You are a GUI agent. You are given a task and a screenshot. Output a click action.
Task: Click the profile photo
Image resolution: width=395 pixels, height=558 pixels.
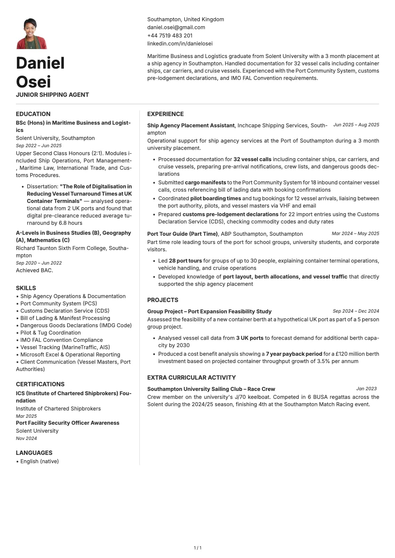(32, 33)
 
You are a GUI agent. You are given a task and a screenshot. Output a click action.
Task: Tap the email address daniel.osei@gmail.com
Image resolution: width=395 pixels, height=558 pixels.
(176, 28)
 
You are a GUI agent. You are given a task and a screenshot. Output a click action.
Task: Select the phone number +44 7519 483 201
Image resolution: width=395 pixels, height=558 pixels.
(170, 35)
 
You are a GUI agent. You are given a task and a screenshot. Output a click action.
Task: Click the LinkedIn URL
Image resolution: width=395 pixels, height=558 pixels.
(180, 43)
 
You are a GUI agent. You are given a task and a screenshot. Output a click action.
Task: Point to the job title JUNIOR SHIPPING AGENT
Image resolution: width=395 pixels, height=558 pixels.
(52, 95)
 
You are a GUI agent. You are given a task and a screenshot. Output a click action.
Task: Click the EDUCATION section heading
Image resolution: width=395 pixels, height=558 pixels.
(33, 114)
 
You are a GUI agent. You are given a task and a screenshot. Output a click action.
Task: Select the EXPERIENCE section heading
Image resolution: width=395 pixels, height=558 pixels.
(165, 114)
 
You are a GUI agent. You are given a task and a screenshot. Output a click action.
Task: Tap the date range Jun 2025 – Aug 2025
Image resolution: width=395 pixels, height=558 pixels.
(356, 125)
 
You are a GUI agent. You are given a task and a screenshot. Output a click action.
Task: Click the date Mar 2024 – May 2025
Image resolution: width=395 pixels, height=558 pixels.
(355, 233)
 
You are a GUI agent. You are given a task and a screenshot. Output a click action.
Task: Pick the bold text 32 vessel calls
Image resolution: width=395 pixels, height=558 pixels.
(252, 159)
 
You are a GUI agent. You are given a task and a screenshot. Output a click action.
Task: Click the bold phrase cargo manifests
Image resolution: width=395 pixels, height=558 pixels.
(205, 183)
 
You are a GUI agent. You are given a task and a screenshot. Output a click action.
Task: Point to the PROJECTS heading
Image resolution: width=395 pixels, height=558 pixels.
(163, 300)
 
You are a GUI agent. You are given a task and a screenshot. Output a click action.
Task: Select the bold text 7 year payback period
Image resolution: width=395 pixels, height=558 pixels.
(294, 354)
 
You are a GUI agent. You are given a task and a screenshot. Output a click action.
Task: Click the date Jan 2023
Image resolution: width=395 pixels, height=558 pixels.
(366, 389)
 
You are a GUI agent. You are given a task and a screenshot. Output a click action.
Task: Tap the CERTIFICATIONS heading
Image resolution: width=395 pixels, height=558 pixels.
(40, 384)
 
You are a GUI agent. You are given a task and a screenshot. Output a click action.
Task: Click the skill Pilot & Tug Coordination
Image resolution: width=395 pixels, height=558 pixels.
(50, 333)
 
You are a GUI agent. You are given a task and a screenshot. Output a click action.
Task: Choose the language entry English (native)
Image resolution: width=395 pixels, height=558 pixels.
(39, 462)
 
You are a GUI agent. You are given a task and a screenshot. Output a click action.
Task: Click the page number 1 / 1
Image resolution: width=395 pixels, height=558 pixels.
(197, 548)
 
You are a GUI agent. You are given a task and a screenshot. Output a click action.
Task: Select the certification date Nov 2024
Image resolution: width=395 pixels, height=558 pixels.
(27, 438)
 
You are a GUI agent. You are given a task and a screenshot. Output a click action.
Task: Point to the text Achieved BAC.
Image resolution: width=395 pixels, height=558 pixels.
(35, 271)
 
